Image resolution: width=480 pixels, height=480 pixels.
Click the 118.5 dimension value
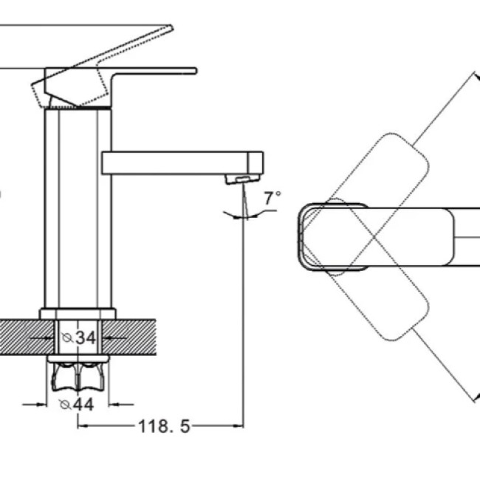(165, 426)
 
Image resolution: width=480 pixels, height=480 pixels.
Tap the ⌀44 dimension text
(76, 405)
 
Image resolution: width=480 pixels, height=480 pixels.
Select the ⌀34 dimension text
(78, 338)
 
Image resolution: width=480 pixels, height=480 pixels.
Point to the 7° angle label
(272, 198)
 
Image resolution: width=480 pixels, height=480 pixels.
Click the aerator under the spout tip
(243, 179)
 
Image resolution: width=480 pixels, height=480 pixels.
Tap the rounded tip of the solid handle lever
(195, 71)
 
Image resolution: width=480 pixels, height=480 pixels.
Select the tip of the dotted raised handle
(171, 29)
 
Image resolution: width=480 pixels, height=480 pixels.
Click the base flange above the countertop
(78, 314)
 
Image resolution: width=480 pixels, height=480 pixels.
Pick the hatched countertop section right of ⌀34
(129, 337)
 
